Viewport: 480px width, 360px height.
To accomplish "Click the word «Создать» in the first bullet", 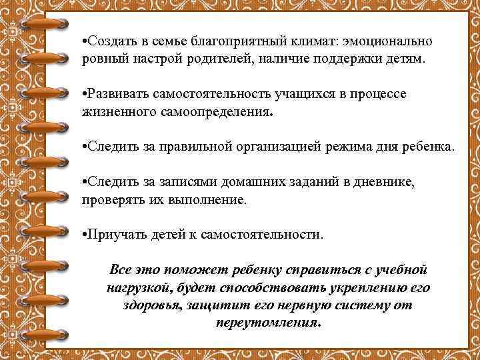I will coord(109,41).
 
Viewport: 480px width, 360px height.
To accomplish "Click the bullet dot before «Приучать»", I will coord(83,235).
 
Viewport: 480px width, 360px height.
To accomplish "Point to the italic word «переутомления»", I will coord(266,323).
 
